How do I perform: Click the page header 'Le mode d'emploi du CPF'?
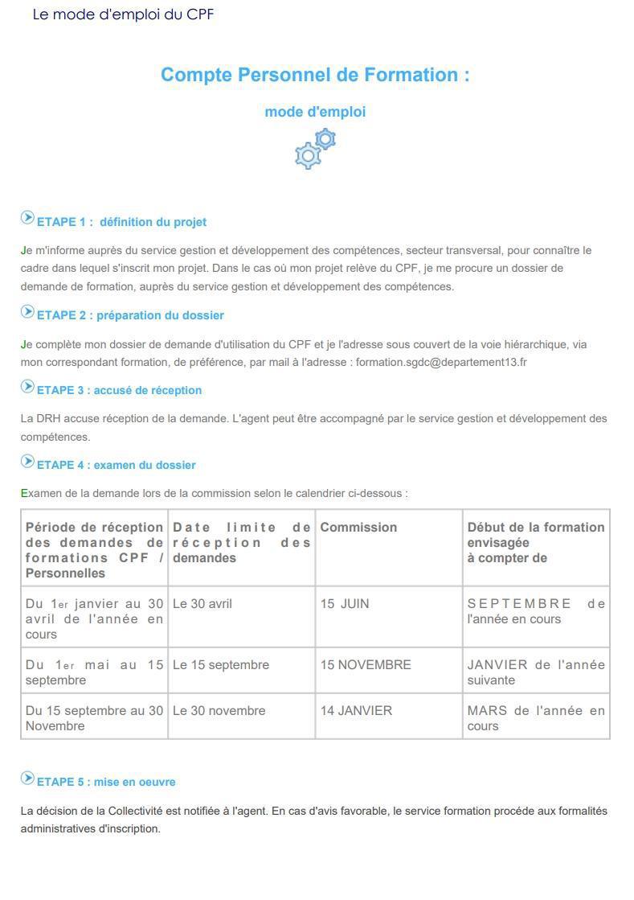point(123,14)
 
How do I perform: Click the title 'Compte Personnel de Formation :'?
point(315,75)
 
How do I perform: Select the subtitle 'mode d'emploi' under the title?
point(315,112)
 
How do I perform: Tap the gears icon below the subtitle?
point(315,148)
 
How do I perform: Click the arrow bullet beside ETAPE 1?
point(27,218)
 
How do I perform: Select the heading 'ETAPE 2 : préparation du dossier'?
point(130,315)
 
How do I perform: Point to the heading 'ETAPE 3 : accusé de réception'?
point(119,390)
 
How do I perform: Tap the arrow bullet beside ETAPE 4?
point(27,462)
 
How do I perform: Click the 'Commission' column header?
point(358,528)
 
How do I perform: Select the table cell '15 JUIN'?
point(345,604)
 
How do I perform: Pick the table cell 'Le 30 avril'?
point(202,604)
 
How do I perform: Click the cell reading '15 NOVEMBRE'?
point(366,665)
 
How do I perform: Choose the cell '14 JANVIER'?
point(356,711)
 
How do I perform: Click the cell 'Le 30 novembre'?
point(219,711)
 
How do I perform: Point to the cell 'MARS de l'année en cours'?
point(535,718)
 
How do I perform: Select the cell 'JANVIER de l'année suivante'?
point(535,672)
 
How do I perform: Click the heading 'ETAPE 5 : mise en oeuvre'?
point(106,782)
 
